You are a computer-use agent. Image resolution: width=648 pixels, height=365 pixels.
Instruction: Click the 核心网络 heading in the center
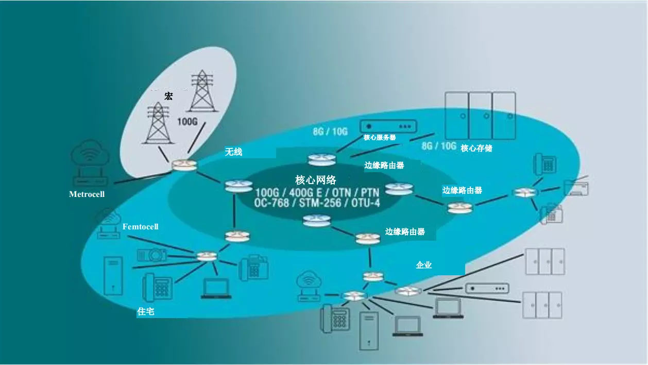click(x=316, y=180)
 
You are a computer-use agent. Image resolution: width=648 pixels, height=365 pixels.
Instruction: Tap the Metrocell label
click(x=87, y=194)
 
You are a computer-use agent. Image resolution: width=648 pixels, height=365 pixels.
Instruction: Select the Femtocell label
click(x=140, y=227)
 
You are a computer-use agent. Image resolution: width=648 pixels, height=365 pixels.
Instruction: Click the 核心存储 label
click(x=476, y=148)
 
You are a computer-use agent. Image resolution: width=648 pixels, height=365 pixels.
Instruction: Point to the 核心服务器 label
click(x=380, y=138)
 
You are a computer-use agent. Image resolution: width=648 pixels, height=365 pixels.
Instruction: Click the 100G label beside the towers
click(x=187, y=122)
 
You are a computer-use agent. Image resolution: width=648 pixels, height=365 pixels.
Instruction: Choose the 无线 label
click(x=233, y=152)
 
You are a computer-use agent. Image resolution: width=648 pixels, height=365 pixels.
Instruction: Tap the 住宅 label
click(x=145, y=311)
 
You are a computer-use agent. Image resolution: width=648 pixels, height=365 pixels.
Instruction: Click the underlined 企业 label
click(x=424, y=265)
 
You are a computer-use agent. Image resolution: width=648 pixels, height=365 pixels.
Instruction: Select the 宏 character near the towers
click(x=168, y=96)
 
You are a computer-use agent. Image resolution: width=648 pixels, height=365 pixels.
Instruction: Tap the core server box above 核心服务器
click(x=388, y=126)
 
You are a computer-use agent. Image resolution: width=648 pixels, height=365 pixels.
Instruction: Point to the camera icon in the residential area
click(x=152, y=255)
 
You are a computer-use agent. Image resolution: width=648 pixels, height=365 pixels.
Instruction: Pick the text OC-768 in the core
click(x=271, y=203)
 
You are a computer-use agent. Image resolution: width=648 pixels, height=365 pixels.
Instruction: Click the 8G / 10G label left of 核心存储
click(x=438, y=146)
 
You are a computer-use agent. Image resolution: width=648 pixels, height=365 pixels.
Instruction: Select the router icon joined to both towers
click(x=184, y=166)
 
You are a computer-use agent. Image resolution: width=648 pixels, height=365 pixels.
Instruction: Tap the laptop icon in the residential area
click(x=216, y=288)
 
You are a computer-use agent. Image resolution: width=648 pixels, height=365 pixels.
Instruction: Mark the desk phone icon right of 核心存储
click(x=545, y=164)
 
